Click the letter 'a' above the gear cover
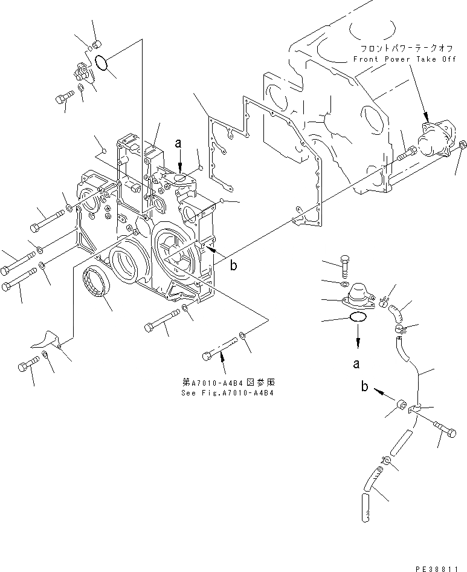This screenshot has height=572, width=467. pos(178,144)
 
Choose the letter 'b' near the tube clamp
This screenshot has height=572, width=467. pos(365,387)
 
